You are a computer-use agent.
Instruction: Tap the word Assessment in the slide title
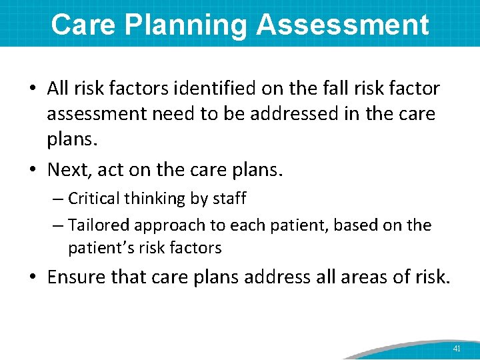342,25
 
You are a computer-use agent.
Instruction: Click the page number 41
457,349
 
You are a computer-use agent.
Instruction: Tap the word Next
67,170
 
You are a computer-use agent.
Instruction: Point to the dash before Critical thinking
58,199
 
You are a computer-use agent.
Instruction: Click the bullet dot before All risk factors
34,89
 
